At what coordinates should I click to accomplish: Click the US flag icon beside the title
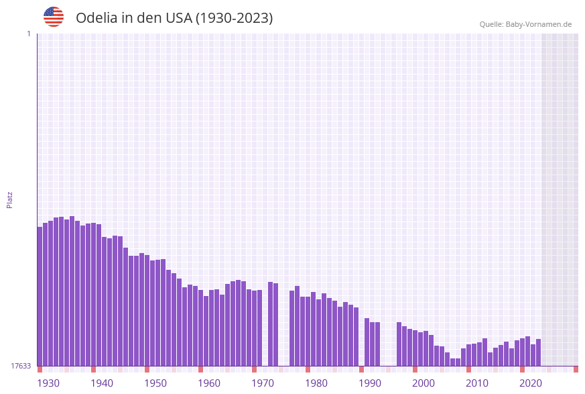pyautogui.click(x=54, y=17)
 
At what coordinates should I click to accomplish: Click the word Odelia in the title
pyautogui.click(x=96, y=18)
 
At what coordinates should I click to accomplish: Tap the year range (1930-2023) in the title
pyautogui.click(x=234, y=18)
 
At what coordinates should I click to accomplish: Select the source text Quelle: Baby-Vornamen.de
pyautogui.click(x=525, y=25)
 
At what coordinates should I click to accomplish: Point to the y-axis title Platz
pyautogui.click(x=10, y=200)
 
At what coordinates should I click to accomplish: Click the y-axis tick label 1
pyautogui.click(x=28, y=34)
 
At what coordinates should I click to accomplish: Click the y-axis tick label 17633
pyautogui.click(x=21, y=366)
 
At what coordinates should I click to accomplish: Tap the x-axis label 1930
pyautogui.click(x=48, y=383)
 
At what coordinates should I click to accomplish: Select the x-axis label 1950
pyautogui.click(x=155, y=383)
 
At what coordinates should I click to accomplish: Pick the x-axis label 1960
pyautogui.click(x=209, y=383)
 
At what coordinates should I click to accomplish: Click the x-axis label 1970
pyautogui.click(x=263, y=383)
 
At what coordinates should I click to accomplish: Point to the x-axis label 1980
pyautogui.click(x=316, y=383)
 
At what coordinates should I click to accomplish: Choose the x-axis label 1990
pyautogui.click(x=370, y=383)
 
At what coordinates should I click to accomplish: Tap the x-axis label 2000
pyautogui.click(x=424, y=383)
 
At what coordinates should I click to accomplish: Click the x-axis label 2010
pyautogui.click(x=477, y=383)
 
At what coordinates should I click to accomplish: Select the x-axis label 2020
pyautogui.click(x=531, y=383)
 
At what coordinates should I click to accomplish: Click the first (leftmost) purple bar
pyautogui.click(x=40, y=296)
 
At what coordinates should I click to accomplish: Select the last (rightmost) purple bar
pyautogui.click(x=538, y=352)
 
